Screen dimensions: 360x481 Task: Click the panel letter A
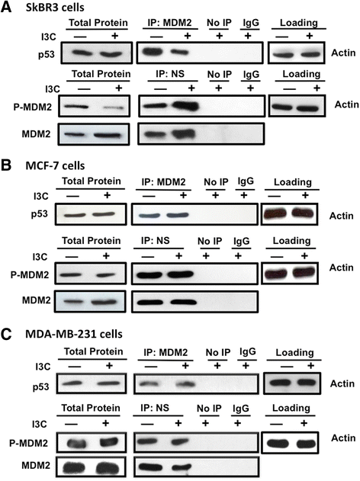coord(6,7)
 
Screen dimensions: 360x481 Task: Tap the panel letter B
coord(6,165)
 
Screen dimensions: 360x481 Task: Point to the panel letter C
coord(6,334)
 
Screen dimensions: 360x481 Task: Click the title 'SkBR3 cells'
coord(55,8)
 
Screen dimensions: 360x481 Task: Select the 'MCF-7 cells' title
coord(55,165)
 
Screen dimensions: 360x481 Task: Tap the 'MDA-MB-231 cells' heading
coord(74,334)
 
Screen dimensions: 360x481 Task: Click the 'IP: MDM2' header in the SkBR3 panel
coord(170,22)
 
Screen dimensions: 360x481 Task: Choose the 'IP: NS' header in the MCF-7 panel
coord(156,241)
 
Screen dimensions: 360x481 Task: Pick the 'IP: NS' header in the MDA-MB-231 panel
coord(155,408)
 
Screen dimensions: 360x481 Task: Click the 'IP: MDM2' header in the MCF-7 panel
coord(163,182)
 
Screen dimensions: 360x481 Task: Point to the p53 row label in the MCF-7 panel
coord(40,214)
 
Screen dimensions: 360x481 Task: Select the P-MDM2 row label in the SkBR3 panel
coord(33,107)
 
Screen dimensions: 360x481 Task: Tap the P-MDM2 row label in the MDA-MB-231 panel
coord(28,444)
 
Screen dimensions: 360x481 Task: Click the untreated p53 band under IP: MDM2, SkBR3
coord(153,51)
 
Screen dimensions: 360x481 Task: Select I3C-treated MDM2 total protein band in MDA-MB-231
coord(107,467)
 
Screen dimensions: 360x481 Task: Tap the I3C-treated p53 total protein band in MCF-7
coord(104,214)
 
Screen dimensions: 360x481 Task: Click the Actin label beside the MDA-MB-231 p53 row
coord(342,383)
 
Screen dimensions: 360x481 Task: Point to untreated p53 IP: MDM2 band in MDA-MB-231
coord(149,383)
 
